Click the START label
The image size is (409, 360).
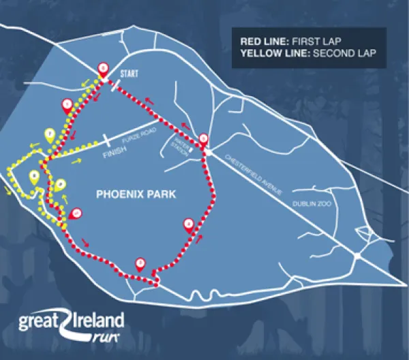click(130, 72)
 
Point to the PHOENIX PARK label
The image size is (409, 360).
click(136, 194)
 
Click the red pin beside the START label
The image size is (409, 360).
click(103, 67)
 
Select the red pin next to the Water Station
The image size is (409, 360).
click(202, 138)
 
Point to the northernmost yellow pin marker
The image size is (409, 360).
click(50, 135)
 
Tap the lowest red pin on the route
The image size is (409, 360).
click(140, 262)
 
